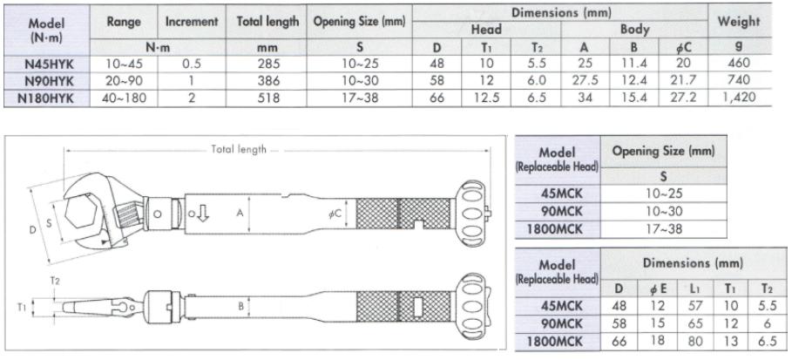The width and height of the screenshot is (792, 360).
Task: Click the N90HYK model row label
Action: point(49,79)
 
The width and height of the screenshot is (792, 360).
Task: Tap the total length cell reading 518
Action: point(267,97)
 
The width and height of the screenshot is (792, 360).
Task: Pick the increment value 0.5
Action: point(191,63)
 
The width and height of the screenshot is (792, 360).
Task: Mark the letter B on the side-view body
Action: point(239,306)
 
